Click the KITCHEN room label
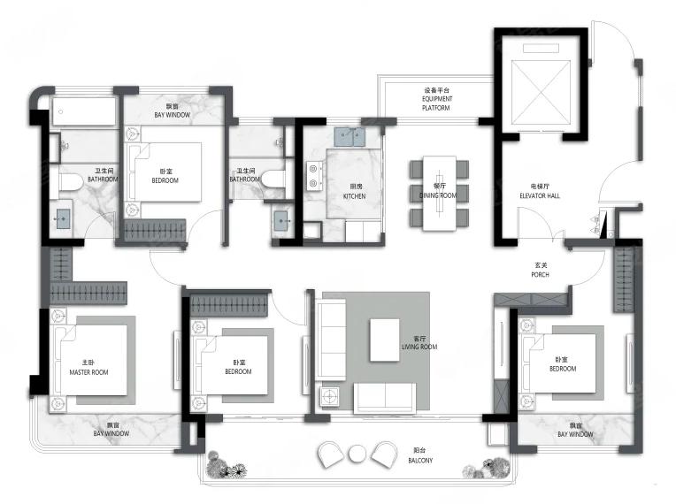click(x=354, y=196)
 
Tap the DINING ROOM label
click(x=438, y=195)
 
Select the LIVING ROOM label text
click(x=419, y=347)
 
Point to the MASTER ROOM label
click(x=88, y=372)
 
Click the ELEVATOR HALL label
click(x=540, y=195)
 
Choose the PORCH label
click(x=541, y=274)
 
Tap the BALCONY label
click(x=420, y=461)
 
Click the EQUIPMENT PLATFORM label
click(x=436, y=103)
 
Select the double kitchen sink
click(x=350, y=137)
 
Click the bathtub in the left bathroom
click(x=84, y=111)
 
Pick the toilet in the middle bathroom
click(x=273, y=179)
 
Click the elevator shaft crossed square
click(x=541, y=91)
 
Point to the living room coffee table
click(x=385, y=340)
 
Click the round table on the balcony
click(x=357, y=454)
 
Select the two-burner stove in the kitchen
click(x=314, y=176)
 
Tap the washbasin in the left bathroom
click(x=64, y=218)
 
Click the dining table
click(x=440, y=193)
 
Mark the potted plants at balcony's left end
click(x=226, y=466)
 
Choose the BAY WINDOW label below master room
click(x=111, y=433)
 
